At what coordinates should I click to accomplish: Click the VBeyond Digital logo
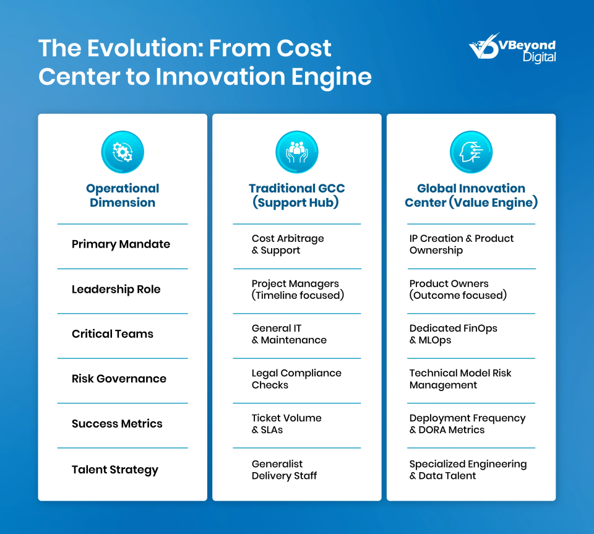pos(512,48)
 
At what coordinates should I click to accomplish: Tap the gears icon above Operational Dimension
pos(123,152)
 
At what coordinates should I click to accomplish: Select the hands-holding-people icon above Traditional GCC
pos(297,152)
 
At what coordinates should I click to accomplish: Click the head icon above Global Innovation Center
pos(471,152)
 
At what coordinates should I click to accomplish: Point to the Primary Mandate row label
pos(121,244)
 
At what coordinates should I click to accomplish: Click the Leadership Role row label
pos(116,290)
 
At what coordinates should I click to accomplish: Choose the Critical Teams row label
pos(113,334)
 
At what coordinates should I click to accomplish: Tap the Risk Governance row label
pos(119,378)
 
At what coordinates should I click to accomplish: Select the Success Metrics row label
pos(117,423)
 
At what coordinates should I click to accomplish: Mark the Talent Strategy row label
pos(115,470)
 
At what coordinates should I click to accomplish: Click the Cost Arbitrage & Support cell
pos(288,244)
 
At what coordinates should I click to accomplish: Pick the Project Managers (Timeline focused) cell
pos(298,290)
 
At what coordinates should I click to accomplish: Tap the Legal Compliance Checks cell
pos(296,379)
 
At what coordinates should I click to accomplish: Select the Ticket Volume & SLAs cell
pos(286,424)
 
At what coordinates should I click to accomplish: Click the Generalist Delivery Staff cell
pos(284,470)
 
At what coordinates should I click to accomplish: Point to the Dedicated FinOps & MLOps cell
pos(453,334)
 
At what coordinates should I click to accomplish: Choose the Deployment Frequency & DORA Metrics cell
pos(468,424)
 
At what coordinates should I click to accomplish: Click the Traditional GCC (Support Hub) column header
pos(296,196)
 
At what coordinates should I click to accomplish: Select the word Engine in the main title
pos(332,77)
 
